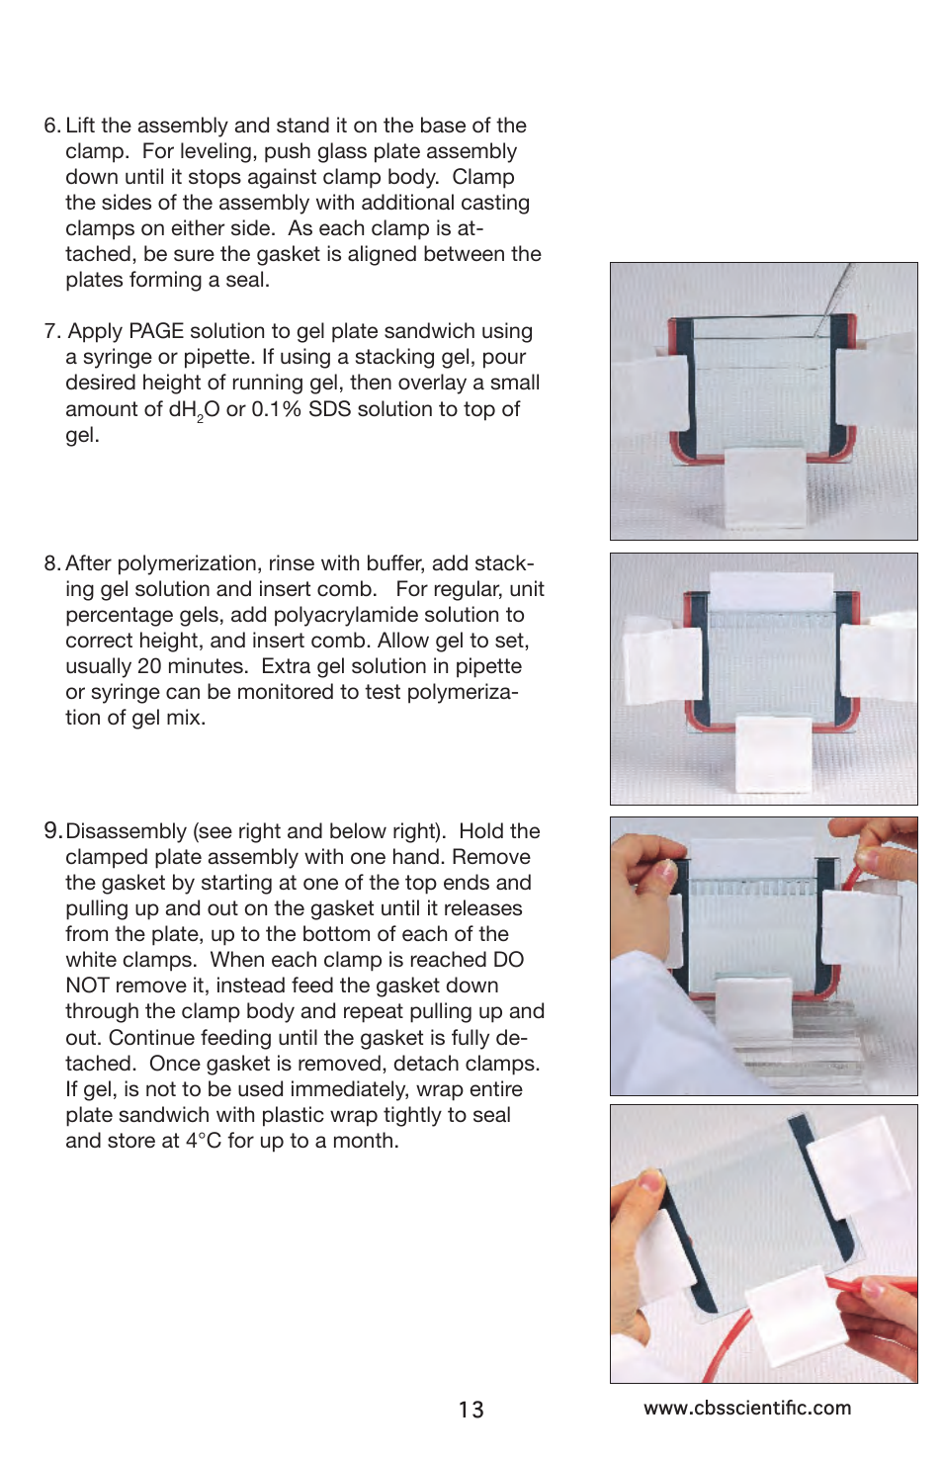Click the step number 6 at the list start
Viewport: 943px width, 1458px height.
(51, 126)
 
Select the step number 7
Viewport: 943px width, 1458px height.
(51, 331)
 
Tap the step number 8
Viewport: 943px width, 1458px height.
(51, 563)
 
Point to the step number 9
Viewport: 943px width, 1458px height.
(52, 830)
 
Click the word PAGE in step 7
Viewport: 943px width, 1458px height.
(155, 331)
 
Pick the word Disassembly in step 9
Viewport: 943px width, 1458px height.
(126, 831)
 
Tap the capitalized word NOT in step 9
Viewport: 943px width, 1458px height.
(87, 986)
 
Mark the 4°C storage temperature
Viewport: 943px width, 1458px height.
(204, 1141)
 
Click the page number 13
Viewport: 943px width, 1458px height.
(471, 1410)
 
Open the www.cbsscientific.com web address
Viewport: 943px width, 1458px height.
(747, 1408)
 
